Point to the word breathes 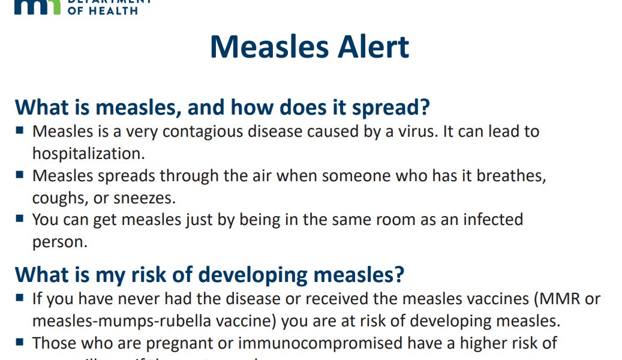click(508, 176)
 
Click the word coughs click(58, 197)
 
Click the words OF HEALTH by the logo click(103, 10)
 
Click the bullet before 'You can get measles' click(20, 218)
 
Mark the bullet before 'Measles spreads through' click(20, 175)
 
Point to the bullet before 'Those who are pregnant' click(20, 342)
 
